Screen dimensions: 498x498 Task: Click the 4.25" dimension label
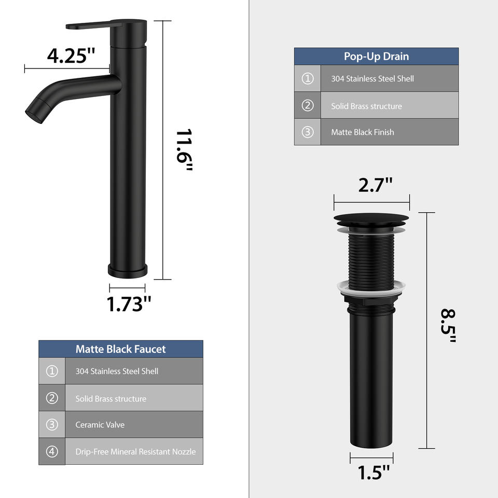tap(71, 56)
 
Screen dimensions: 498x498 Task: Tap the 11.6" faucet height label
tap(184, 150)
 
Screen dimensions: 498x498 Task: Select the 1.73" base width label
tap(129, 304)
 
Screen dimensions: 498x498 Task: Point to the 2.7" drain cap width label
tap(375, 185)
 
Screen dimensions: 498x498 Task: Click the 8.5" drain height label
tap(448, 326)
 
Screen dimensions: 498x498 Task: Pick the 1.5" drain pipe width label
tap(374, 472)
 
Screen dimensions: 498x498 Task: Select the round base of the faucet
tap(128, 271)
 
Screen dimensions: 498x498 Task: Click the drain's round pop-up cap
tap(371, 219)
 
